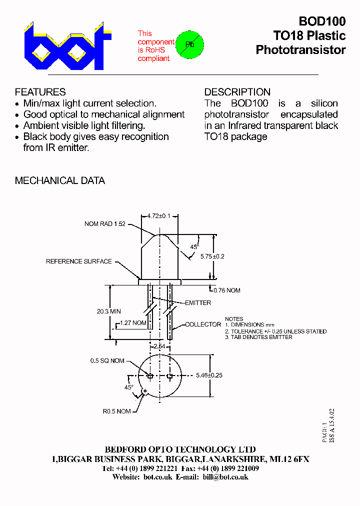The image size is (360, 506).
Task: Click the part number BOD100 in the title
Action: [x=322, y=21]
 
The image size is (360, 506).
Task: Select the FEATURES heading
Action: [x=40, y=92]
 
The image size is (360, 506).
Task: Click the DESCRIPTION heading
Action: [x=237, y=92]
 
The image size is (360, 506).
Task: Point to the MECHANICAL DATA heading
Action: [x=60, y=180]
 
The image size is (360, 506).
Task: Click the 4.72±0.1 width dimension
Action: [x=159, y=216]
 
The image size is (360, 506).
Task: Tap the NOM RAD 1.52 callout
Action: [x=105, y=224]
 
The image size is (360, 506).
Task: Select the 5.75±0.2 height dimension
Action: [x=212, y=256]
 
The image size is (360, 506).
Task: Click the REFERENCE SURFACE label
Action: [x=79, y=261]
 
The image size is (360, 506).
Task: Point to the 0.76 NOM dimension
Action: [x=226, y=290]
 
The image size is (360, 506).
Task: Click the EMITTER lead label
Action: [x=197, y=303]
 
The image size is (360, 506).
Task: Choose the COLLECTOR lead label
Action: [x=203, y=324]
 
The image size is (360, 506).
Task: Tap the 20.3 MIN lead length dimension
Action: [x=108, y=311]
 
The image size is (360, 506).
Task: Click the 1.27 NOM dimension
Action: [x=133, y=323]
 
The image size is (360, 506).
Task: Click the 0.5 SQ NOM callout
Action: [x=107, y=361]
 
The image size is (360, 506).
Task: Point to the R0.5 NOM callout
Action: [x=116, y=411]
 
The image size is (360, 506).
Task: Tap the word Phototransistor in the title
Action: [x=300, y=50]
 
